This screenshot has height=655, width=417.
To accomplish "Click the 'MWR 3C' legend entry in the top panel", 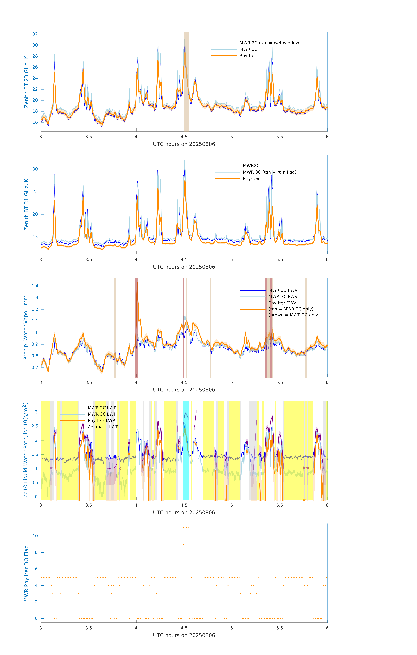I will pyautogui.click(x=248, y=49).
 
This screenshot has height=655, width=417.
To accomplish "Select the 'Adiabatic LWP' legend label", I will pyautogui.click(x=103, y=427).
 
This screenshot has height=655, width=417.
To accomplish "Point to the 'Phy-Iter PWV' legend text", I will pyautogui.click(x=282, y=303).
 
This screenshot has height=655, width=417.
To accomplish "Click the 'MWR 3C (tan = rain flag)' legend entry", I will pyautogui.click(x=269, y=172).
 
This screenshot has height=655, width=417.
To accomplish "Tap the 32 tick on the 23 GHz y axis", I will pyautogui.click(x=35, y=34).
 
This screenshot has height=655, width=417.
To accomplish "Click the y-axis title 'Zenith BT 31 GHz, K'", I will pyautogui.click(x=26, y=205).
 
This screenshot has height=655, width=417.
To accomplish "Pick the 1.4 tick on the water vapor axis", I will pyautogui.click(x=35, y=286).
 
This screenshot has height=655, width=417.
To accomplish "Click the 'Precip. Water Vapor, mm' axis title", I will pyautogui.click(x=26, y=327).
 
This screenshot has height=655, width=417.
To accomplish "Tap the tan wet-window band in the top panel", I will pyautogui.click(x=186, y=82).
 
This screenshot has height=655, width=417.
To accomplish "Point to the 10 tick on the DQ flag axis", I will pyautogui.click(x=35, y=536).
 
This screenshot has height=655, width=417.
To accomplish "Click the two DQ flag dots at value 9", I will pyautogui.click(x=184, y=544).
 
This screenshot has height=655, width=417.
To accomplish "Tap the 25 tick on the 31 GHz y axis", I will pyautogui.click(x=35, y=191).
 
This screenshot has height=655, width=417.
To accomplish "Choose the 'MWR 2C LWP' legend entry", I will pyautogui.click(x=102, y=408).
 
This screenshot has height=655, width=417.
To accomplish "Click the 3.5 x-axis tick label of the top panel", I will pyautogui.click(x=89, y=137).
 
